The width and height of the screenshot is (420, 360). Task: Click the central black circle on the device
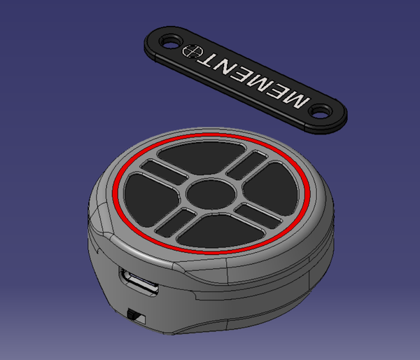coord(211,194)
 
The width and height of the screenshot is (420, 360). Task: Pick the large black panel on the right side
coord(271,188)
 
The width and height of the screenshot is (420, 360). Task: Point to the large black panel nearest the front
coord(221,230)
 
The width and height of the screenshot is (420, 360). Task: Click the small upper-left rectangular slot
coord(164,172)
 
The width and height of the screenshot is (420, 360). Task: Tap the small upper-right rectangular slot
coord(247,165)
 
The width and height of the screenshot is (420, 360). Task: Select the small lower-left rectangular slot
coord(176,223)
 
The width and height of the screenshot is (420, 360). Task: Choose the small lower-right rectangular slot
coord(258,216)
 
